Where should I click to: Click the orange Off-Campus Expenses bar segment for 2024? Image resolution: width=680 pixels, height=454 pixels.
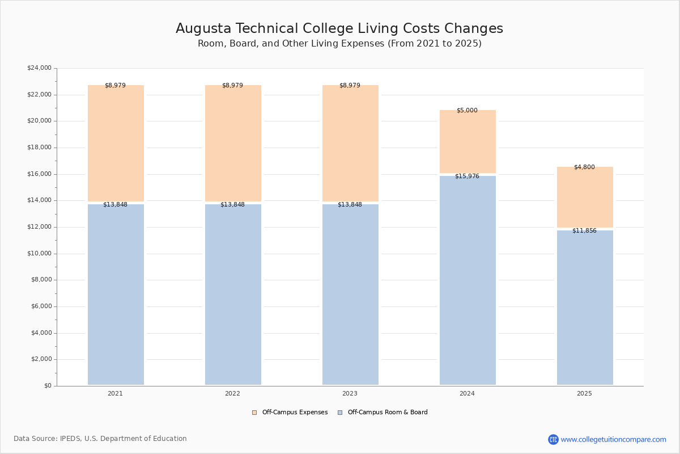467,141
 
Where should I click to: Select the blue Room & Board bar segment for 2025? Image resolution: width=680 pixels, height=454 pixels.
585,308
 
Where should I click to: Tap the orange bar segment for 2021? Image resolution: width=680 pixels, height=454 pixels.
116,143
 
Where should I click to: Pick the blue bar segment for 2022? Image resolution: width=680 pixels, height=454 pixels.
233,295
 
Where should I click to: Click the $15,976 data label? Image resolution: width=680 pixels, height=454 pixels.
467,176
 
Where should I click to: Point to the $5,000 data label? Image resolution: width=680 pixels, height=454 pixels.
467,110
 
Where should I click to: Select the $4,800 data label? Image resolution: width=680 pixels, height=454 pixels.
584,167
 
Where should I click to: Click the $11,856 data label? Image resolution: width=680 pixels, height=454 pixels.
584,230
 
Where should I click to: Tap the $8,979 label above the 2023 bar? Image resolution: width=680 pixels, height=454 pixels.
350,85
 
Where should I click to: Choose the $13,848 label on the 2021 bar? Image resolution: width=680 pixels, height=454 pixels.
116,204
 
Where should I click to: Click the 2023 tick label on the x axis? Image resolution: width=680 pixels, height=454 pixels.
350,393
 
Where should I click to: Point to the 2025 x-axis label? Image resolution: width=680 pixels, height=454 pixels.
584,393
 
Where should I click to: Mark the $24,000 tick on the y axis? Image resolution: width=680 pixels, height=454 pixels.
39,68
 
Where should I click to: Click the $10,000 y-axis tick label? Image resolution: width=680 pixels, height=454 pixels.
39,253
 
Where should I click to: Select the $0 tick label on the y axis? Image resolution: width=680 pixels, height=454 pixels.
48,385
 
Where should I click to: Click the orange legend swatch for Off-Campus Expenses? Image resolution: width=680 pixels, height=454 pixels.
254,413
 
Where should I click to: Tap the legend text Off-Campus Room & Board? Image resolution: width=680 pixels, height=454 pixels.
388,412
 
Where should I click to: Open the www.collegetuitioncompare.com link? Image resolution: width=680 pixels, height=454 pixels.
614,439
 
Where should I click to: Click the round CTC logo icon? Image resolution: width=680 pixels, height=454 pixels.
553,439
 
